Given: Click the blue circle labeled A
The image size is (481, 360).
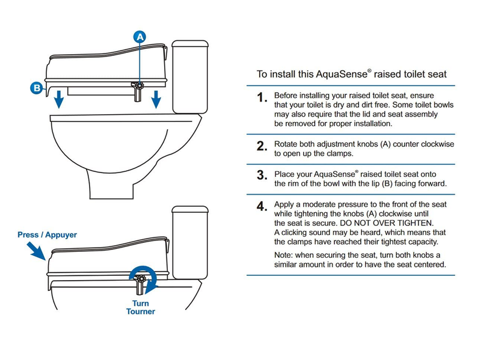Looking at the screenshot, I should pos(140,37).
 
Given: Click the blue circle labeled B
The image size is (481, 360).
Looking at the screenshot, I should pos(36,88).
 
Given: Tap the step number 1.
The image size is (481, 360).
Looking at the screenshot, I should pos(261,98).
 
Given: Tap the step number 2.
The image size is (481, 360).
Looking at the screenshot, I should pos(261,147).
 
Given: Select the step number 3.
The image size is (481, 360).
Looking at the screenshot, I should pos(261,175).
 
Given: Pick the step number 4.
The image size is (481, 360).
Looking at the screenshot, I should pos(261,207).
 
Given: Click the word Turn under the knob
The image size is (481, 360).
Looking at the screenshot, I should pos(140,304).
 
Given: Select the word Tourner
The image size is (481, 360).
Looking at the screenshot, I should pos(140,312).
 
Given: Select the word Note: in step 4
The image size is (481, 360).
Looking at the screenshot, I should pos(285,255).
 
